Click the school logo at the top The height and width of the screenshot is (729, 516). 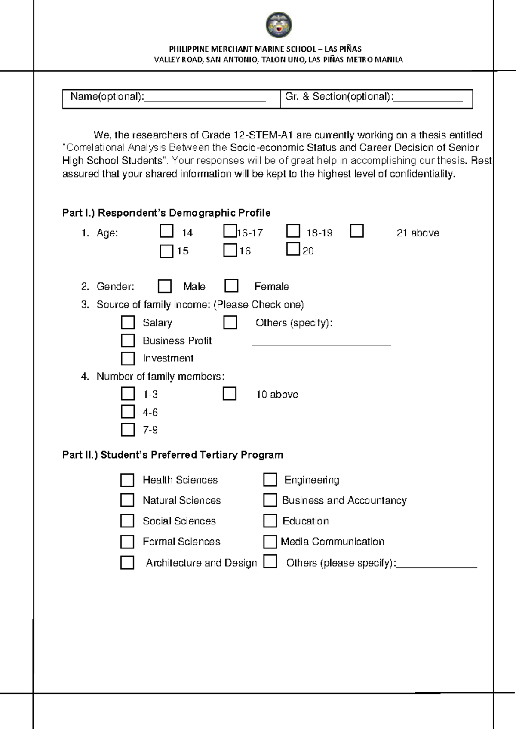(279, 25)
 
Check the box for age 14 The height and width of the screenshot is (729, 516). (166, 231)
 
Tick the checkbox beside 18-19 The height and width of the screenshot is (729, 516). (293, 231)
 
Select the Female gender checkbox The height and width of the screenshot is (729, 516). (231, 286)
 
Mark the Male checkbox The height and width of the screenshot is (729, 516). (165, 286)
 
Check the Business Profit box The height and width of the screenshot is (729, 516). (128, 340)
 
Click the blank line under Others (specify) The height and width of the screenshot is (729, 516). (321, 344)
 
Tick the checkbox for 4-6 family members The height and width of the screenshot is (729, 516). (128, 412)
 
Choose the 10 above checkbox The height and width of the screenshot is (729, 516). (230, 394)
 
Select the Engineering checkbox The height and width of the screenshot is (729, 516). (270, 480)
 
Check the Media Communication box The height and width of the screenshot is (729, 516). (270, 542)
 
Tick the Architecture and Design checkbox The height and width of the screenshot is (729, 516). (127, 563)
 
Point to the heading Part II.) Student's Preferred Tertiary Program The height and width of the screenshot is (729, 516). (172, 455)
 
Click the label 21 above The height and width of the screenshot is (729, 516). (418, 233)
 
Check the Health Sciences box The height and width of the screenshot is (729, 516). (127, 480)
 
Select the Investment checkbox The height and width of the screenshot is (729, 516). (128, 358)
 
